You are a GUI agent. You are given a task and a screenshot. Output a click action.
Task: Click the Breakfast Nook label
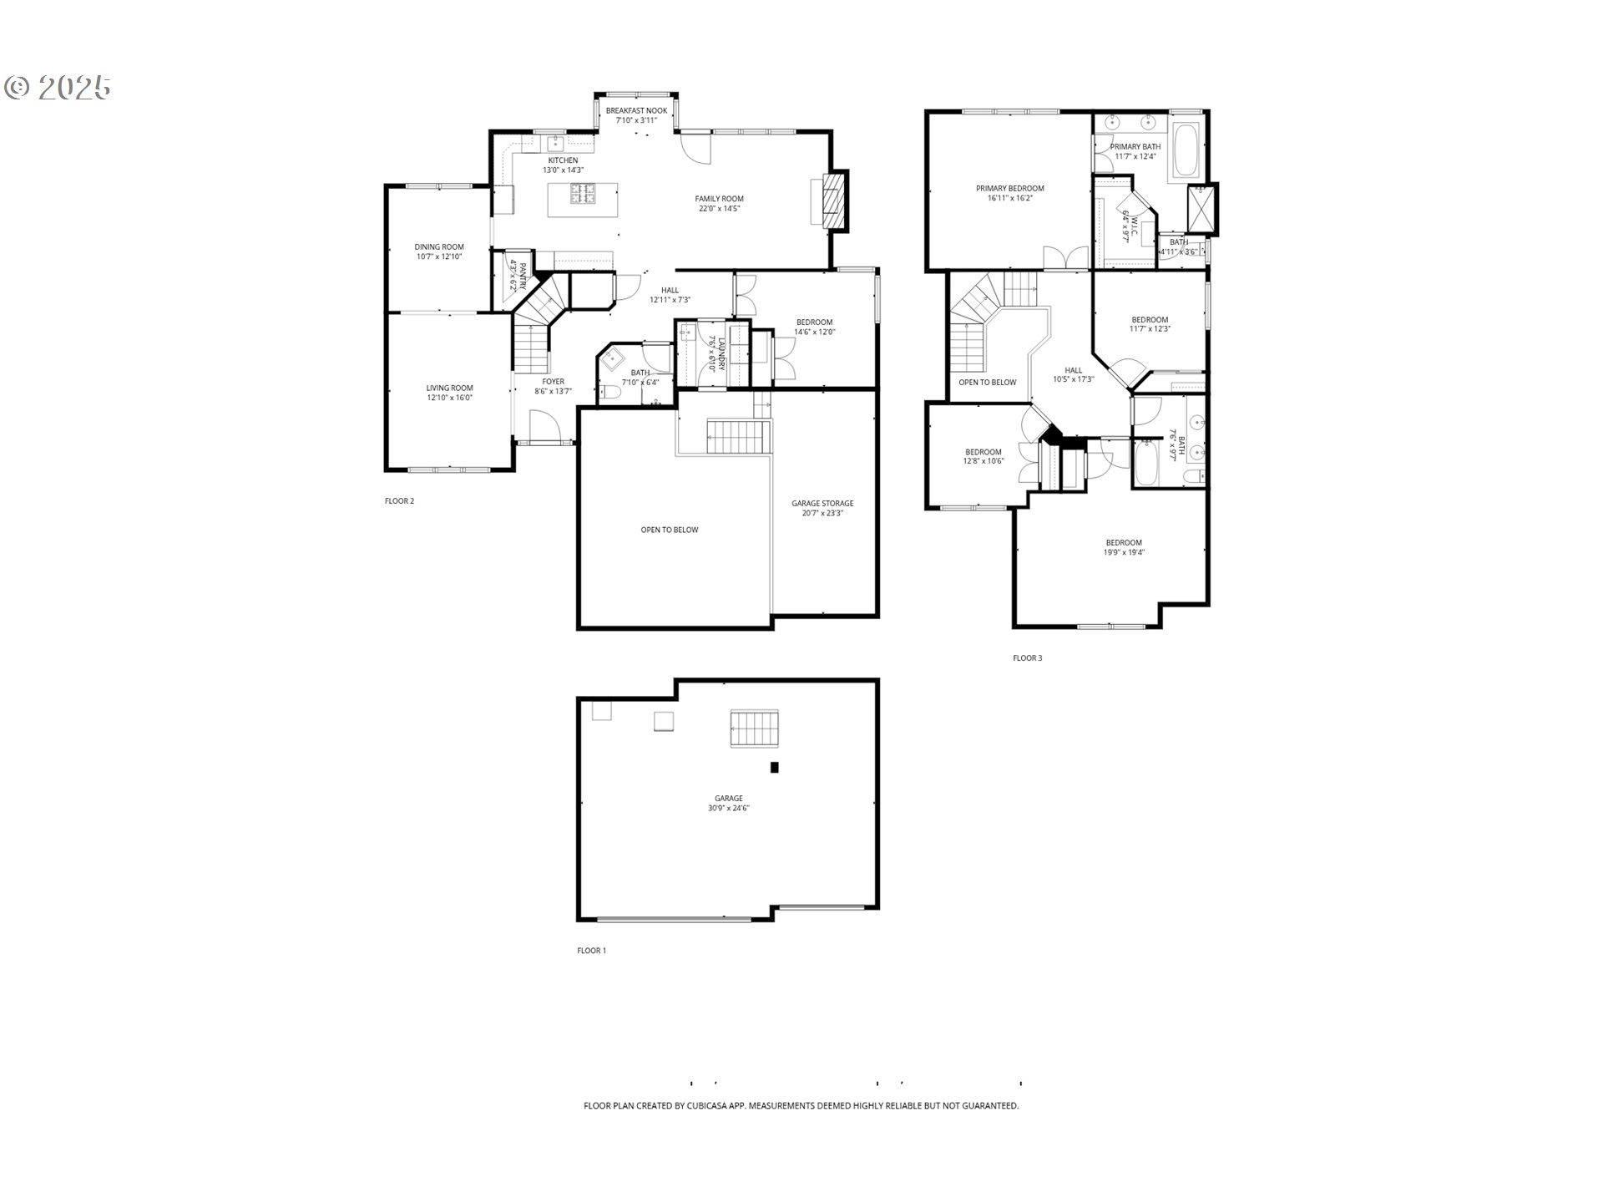tap(636, 110)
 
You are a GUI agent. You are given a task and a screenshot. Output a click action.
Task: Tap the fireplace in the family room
tap(832, 201)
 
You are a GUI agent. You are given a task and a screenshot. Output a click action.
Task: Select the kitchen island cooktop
tap(584, 195)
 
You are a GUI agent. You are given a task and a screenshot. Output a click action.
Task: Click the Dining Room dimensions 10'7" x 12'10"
tap(439, 257)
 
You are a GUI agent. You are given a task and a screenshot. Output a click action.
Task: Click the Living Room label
tap(449, 388)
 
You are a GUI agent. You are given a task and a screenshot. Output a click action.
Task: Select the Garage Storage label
tap(822, 504)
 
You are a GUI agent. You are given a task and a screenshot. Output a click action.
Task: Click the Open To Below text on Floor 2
tap(669, 530)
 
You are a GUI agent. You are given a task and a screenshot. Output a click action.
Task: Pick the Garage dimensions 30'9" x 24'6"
tap(728, 809)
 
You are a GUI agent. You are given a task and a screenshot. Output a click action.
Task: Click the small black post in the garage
tap(774, 767)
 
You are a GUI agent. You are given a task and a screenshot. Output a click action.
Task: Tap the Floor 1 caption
tap(591, 951)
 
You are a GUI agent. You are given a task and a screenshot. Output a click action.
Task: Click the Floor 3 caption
tap(1027, 658)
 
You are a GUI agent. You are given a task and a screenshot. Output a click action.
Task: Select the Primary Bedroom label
tap(1009, 189)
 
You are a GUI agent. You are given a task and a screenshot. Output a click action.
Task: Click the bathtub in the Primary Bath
tap(1186, 150)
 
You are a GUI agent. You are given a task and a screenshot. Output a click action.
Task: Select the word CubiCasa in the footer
tap(710, 1106)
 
